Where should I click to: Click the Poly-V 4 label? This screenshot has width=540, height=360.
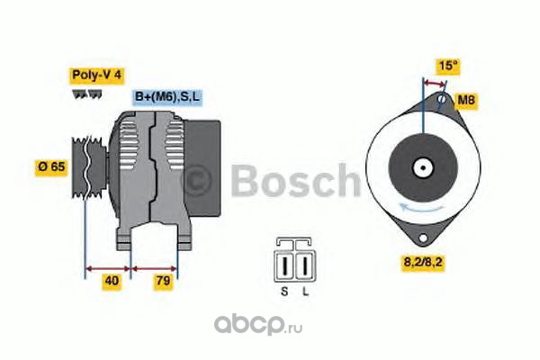(x=97, y=75)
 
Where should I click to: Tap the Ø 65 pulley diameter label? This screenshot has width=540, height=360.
(x=51, y=167)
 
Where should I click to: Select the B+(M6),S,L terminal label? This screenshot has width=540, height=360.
(x=167, y=96)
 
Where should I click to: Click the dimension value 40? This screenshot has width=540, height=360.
(x=112, y=281)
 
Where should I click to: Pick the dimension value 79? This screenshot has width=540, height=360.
(x=163, y=281)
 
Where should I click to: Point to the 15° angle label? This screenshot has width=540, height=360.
(x=448, y=65)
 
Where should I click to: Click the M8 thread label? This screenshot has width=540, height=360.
(x=466, y=100)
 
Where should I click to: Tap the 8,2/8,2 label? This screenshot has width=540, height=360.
(x=423, y=263)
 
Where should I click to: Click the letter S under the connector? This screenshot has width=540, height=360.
(x=284, y=292)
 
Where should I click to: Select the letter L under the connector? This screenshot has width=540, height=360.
(x=305, y=292)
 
